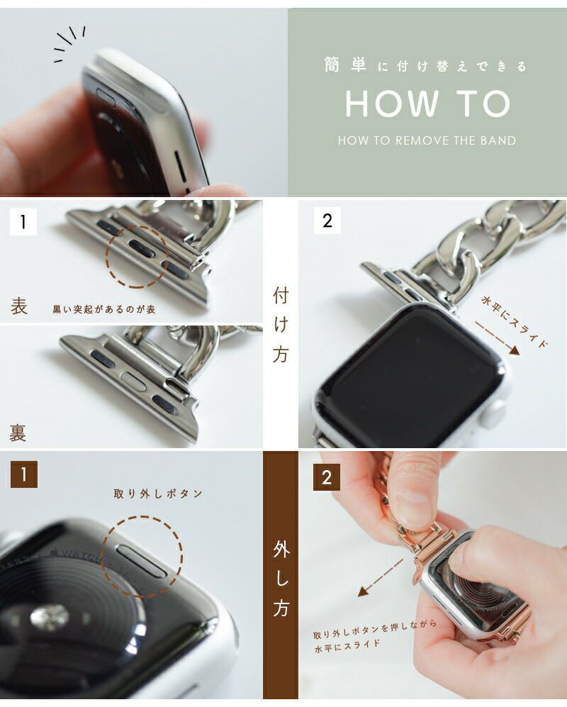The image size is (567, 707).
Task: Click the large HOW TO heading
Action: tap(427, 104)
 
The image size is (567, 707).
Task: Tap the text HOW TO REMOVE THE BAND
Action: tap(427, 140)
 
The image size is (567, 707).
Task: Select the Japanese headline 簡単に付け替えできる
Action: tap(425, 66)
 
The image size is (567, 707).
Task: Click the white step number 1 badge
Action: tap(23, 221)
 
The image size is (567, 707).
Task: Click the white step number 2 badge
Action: tap(327, 221)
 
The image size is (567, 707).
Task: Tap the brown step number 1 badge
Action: tap(24, 474)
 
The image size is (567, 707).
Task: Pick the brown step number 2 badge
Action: tap(327, 477)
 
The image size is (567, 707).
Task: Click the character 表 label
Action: tap(19, 306)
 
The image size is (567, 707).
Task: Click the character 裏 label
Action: tap(18, 433)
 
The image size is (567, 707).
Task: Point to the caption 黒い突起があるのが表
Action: tap(104, 309)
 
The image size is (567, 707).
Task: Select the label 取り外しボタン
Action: tap(158, 494)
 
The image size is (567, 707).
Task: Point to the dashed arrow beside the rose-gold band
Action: tap(381, 578)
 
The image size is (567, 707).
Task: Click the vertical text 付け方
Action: tap(281, 325)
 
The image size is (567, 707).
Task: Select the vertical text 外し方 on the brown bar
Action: tap(281, 579)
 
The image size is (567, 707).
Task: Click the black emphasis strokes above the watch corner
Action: tap(69, 43)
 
